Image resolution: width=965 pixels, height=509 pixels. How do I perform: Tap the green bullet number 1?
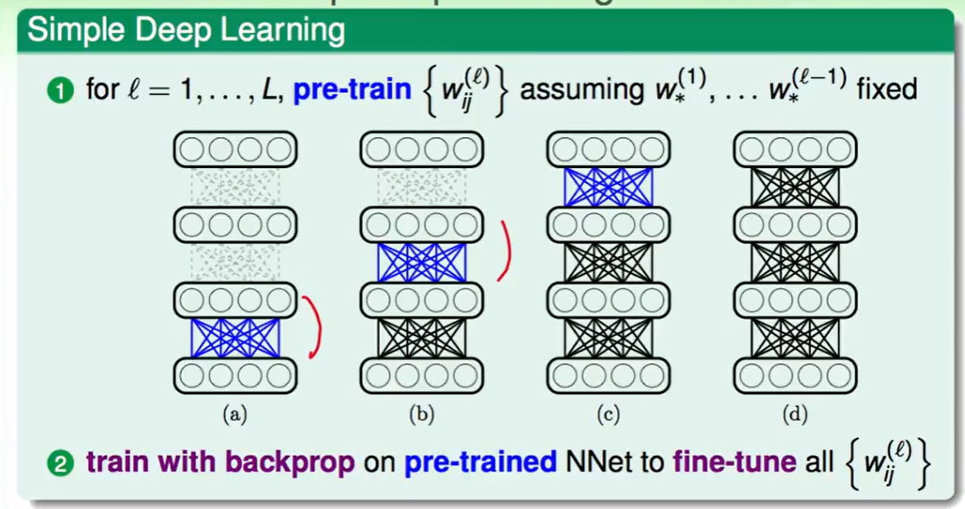point(64,89)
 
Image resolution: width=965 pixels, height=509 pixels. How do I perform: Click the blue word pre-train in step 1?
point(352,89)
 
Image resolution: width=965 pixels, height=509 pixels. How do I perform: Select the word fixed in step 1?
point(887,89)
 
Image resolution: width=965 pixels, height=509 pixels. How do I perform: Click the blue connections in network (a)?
point(235,338)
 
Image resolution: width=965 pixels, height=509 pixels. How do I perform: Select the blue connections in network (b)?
point(422,263)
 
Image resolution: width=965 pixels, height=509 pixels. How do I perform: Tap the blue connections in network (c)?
point(609,187)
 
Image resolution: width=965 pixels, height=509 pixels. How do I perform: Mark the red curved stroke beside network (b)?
point(507,249)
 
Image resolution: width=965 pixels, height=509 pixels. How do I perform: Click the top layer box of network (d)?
point(795,150)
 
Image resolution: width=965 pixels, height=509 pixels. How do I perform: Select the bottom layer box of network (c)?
point(609,376)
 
